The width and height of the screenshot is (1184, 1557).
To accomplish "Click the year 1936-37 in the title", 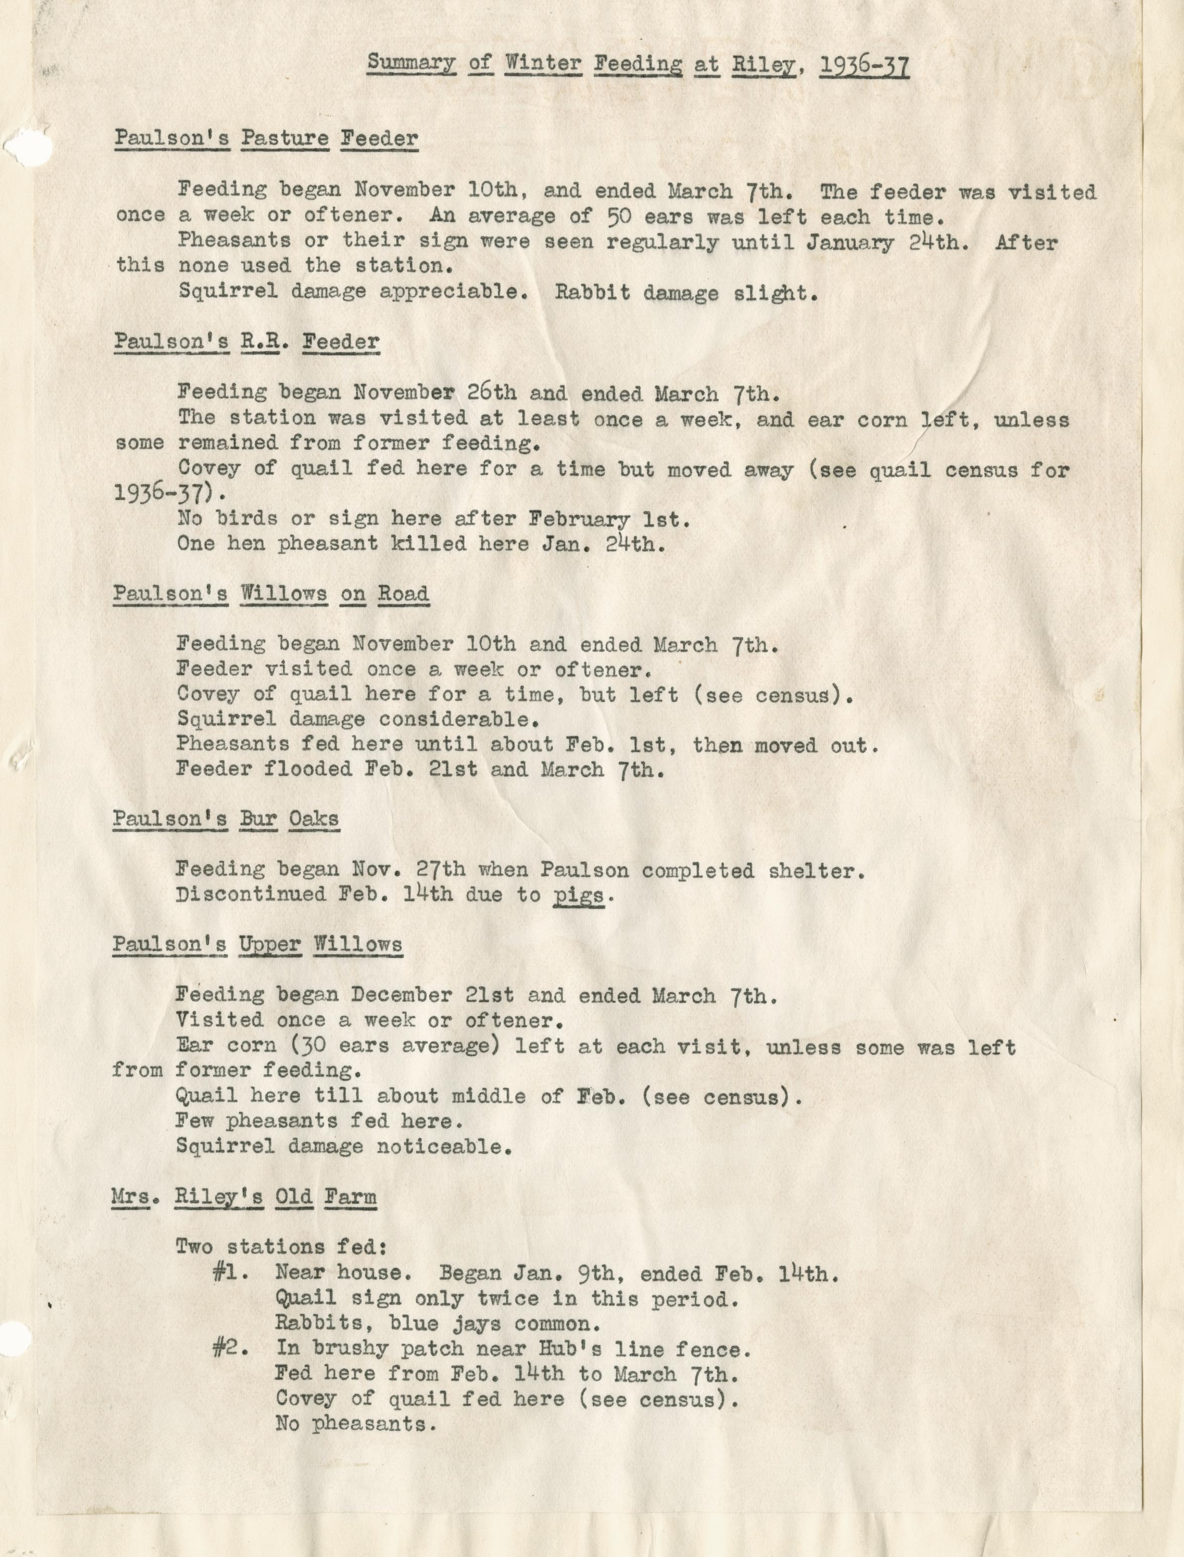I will [864, 65].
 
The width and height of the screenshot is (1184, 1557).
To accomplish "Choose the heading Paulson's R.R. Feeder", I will [247, 342].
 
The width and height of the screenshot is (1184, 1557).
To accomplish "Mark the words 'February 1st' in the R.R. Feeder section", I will [606, 520].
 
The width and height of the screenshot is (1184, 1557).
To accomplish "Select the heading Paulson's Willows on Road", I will [271, 594].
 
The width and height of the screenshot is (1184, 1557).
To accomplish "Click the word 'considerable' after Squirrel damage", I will [460, 720].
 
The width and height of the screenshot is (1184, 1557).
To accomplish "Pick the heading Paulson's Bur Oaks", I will [226, 819].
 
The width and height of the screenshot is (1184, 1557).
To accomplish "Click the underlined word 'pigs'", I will [578, 896].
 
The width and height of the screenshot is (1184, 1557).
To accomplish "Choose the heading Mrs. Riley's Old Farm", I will [244, 1197].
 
